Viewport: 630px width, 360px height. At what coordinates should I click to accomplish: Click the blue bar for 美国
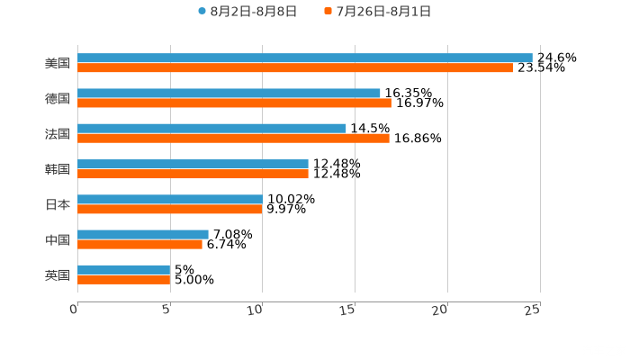(x=304, y=58)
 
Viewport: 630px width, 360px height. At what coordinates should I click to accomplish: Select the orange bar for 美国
(x=294, y=67)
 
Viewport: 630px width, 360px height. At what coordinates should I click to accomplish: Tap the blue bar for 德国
(x=229, y=93)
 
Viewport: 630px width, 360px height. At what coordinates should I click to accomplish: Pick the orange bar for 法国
(x=233, y=138)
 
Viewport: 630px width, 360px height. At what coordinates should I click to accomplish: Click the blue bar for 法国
(x=211, y=128)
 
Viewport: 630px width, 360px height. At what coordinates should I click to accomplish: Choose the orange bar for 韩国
(x=193, y=174)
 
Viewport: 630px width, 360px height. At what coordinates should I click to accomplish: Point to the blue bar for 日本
(x=170, y=199)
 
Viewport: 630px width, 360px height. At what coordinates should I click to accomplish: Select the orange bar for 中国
(x=139, y=244)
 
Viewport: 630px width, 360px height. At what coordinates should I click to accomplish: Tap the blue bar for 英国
(x=123, y=269)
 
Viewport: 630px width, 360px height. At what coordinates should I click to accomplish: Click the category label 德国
(x=58, y=98)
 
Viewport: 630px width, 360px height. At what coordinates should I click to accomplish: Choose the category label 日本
(x=58, y=204)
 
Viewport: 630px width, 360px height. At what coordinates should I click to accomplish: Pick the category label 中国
(x=58, y=239)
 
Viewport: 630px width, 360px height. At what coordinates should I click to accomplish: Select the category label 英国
(x=58, y=274)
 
